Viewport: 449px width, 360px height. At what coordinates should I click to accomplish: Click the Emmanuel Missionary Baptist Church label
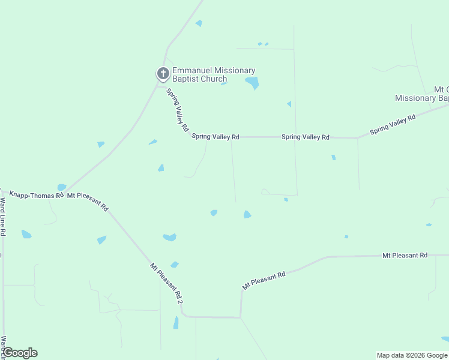pyautogui.click(x=214, y=75)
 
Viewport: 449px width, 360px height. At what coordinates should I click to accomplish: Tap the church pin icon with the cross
pyautogui.click(x=163, y=74)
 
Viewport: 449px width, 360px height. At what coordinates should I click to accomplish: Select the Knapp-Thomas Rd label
pyautogui.click(x=36, y=195)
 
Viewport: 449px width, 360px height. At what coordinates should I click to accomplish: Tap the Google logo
pyautogui.click(x=20, y=353)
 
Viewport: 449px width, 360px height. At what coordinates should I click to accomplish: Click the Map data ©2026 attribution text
pyautogui.click(x=411, y=355)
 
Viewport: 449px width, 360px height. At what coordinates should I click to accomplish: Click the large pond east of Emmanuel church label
pyautogui.click(x=252, y=82)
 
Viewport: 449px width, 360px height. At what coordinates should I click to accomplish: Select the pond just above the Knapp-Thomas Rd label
pyautogui.click(x=61, y=187)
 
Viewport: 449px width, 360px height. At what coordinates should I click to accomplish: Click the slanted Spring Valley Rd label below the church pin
pyautogui.click(x=178, y=110)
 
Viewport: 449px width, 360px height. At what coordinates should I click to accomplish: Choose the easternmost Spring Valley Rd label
pyautogui.click(x=393, y=125)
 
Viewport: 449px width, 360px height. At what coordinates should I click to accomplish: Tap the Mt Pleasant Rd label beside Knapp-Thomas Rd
pyautogui.click(x=88, y=202)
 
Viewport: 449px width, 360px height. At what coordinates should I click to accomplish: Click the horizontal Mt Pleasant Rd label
pyautogui.click(x=405, y=256)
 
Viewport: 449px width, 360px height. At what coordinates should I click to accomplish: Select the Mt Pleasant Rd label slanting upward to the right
pyautogui.click(x=264, y=281)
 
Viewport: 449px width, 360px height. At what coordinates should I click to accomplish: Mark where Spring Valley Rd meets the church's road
pyautogui.click(x=158, y=85)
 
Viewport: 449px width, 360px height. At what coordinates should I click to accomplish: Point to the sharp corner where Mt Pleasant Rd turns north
pyautogui.click(x=241, y=317)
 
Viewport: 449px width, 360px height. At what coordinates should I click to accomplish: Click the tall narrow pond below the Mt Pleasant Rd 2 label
pyautogui.click(x=176, y=323)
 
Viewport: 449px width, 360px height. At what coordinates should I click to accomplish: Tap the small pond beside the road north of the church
pyautogui.click(x=199, y=23)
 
